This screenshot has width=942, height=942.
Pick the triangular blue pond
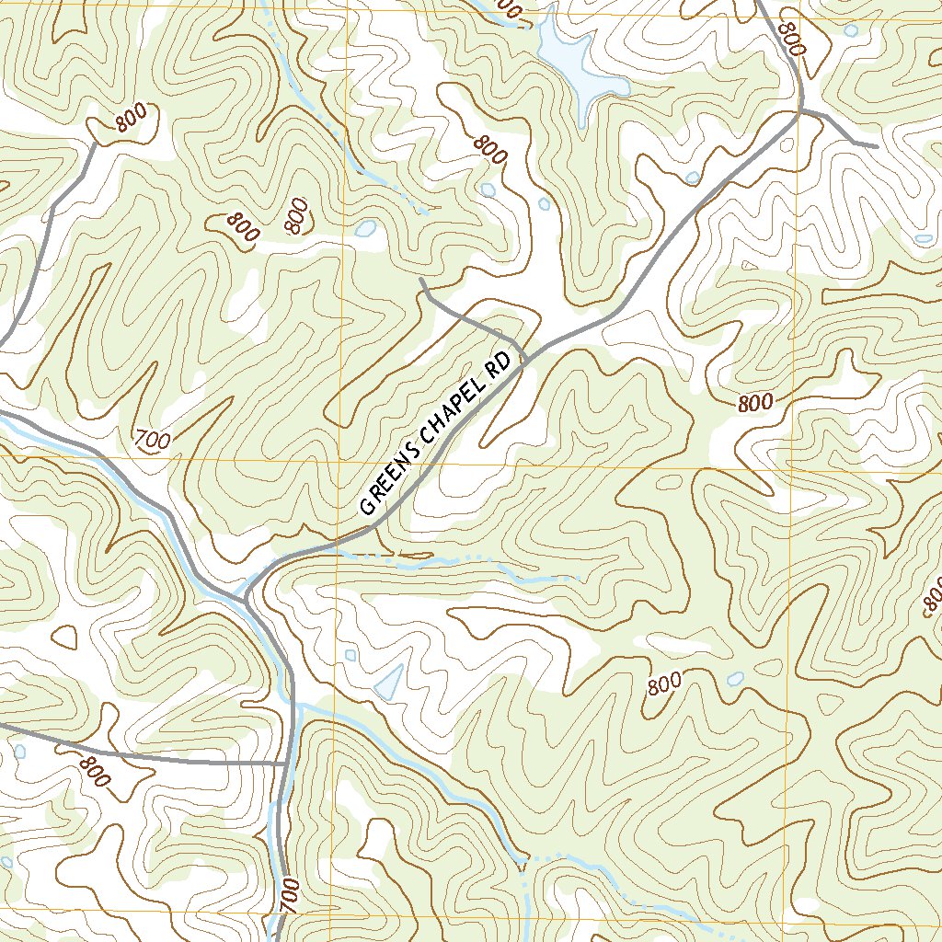pos(389,682)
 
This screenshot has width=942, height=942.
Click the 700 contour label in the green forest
pos(152,441)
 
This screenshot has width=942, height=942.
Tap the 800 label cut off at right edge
pos(932,597)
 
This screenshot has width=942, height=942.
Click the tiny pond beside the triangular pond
pos(350,656)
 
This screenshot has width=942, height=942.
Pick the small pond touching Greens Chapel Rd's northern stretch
pos(692,177)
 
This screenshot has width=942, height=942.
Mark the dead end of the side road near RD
pos(420,278)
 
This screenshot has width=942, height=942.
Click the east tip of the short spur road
pos(876,145)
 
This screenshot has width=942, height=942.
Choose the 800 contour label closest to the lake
pos(491,149)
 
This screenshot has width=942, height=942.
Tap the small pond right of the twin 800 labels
pos(365,228)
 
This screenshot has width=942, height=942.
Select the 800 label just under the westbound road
pos(93,771)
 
